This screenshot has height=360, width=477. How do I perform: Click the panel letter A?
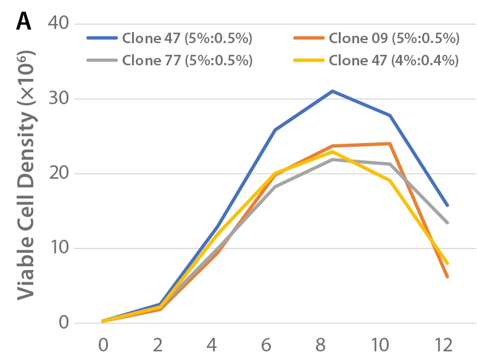point(23,22)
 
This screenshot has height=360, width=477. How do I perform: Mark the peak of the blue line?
point(332,91)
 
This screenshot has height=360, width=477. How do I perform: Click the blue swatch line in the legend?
point(102,38)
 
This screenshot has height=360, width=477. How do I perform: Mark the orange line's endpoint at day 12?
point(447,277)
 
